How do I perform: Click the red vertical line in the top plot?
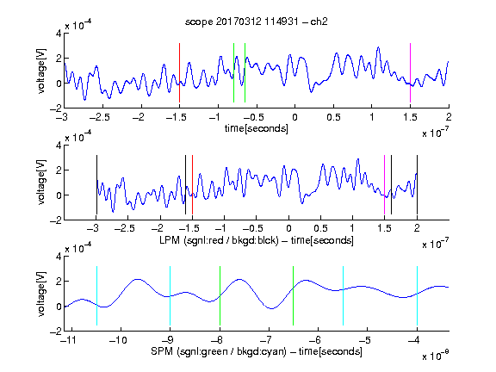(x=179, y=72)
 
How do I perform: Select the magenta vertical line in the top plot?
(x=410, y=72)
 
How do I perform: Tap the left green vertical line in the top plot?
(x=233, y=72)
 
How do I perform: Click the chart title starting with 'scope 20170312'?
(x=257, y=22)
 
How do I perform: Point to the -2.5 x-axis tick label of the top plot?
(x=99, y=118)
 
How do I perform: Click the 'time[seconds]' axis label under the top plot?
(x=257, y=128)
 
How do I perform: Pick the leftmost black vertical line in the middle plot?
(x=96, y=185)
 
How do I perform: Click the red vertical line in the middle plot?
(x=192, y=185)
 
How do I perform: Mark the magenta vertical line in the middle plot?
(x=384, y=185)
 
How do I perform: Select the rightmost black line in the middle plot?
(x=418, y=185)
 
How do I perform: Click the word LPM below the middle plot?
(x=170, y=240)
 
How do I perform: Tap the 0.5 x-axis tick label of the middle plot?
(x=320, y=228)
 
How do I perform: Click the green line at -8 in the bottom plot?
(x=220, y=295)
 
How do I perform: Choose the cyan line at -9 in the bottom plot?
(x=170, y=295)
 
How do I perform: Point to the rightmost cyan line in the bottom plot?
(x=418, y=295)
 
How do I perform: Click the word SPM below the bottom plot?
(x=162, y=351)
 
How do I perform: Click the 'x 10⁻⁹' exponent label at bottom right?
(x=435, y=355)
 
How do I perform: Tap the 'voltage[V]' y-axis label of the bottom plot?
(x=41, y=294)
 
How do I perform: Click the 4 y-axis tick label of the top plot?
(x=59, y=34)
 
